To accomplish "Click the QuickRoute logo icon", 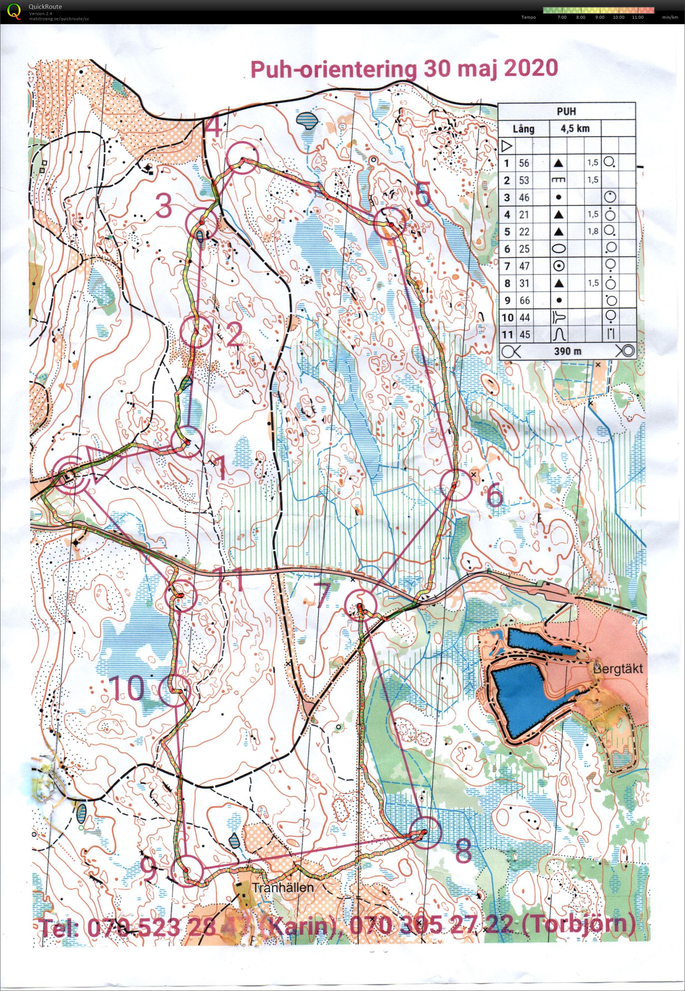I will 14,11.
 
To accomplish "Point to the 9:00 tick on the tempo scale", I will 600,17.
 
